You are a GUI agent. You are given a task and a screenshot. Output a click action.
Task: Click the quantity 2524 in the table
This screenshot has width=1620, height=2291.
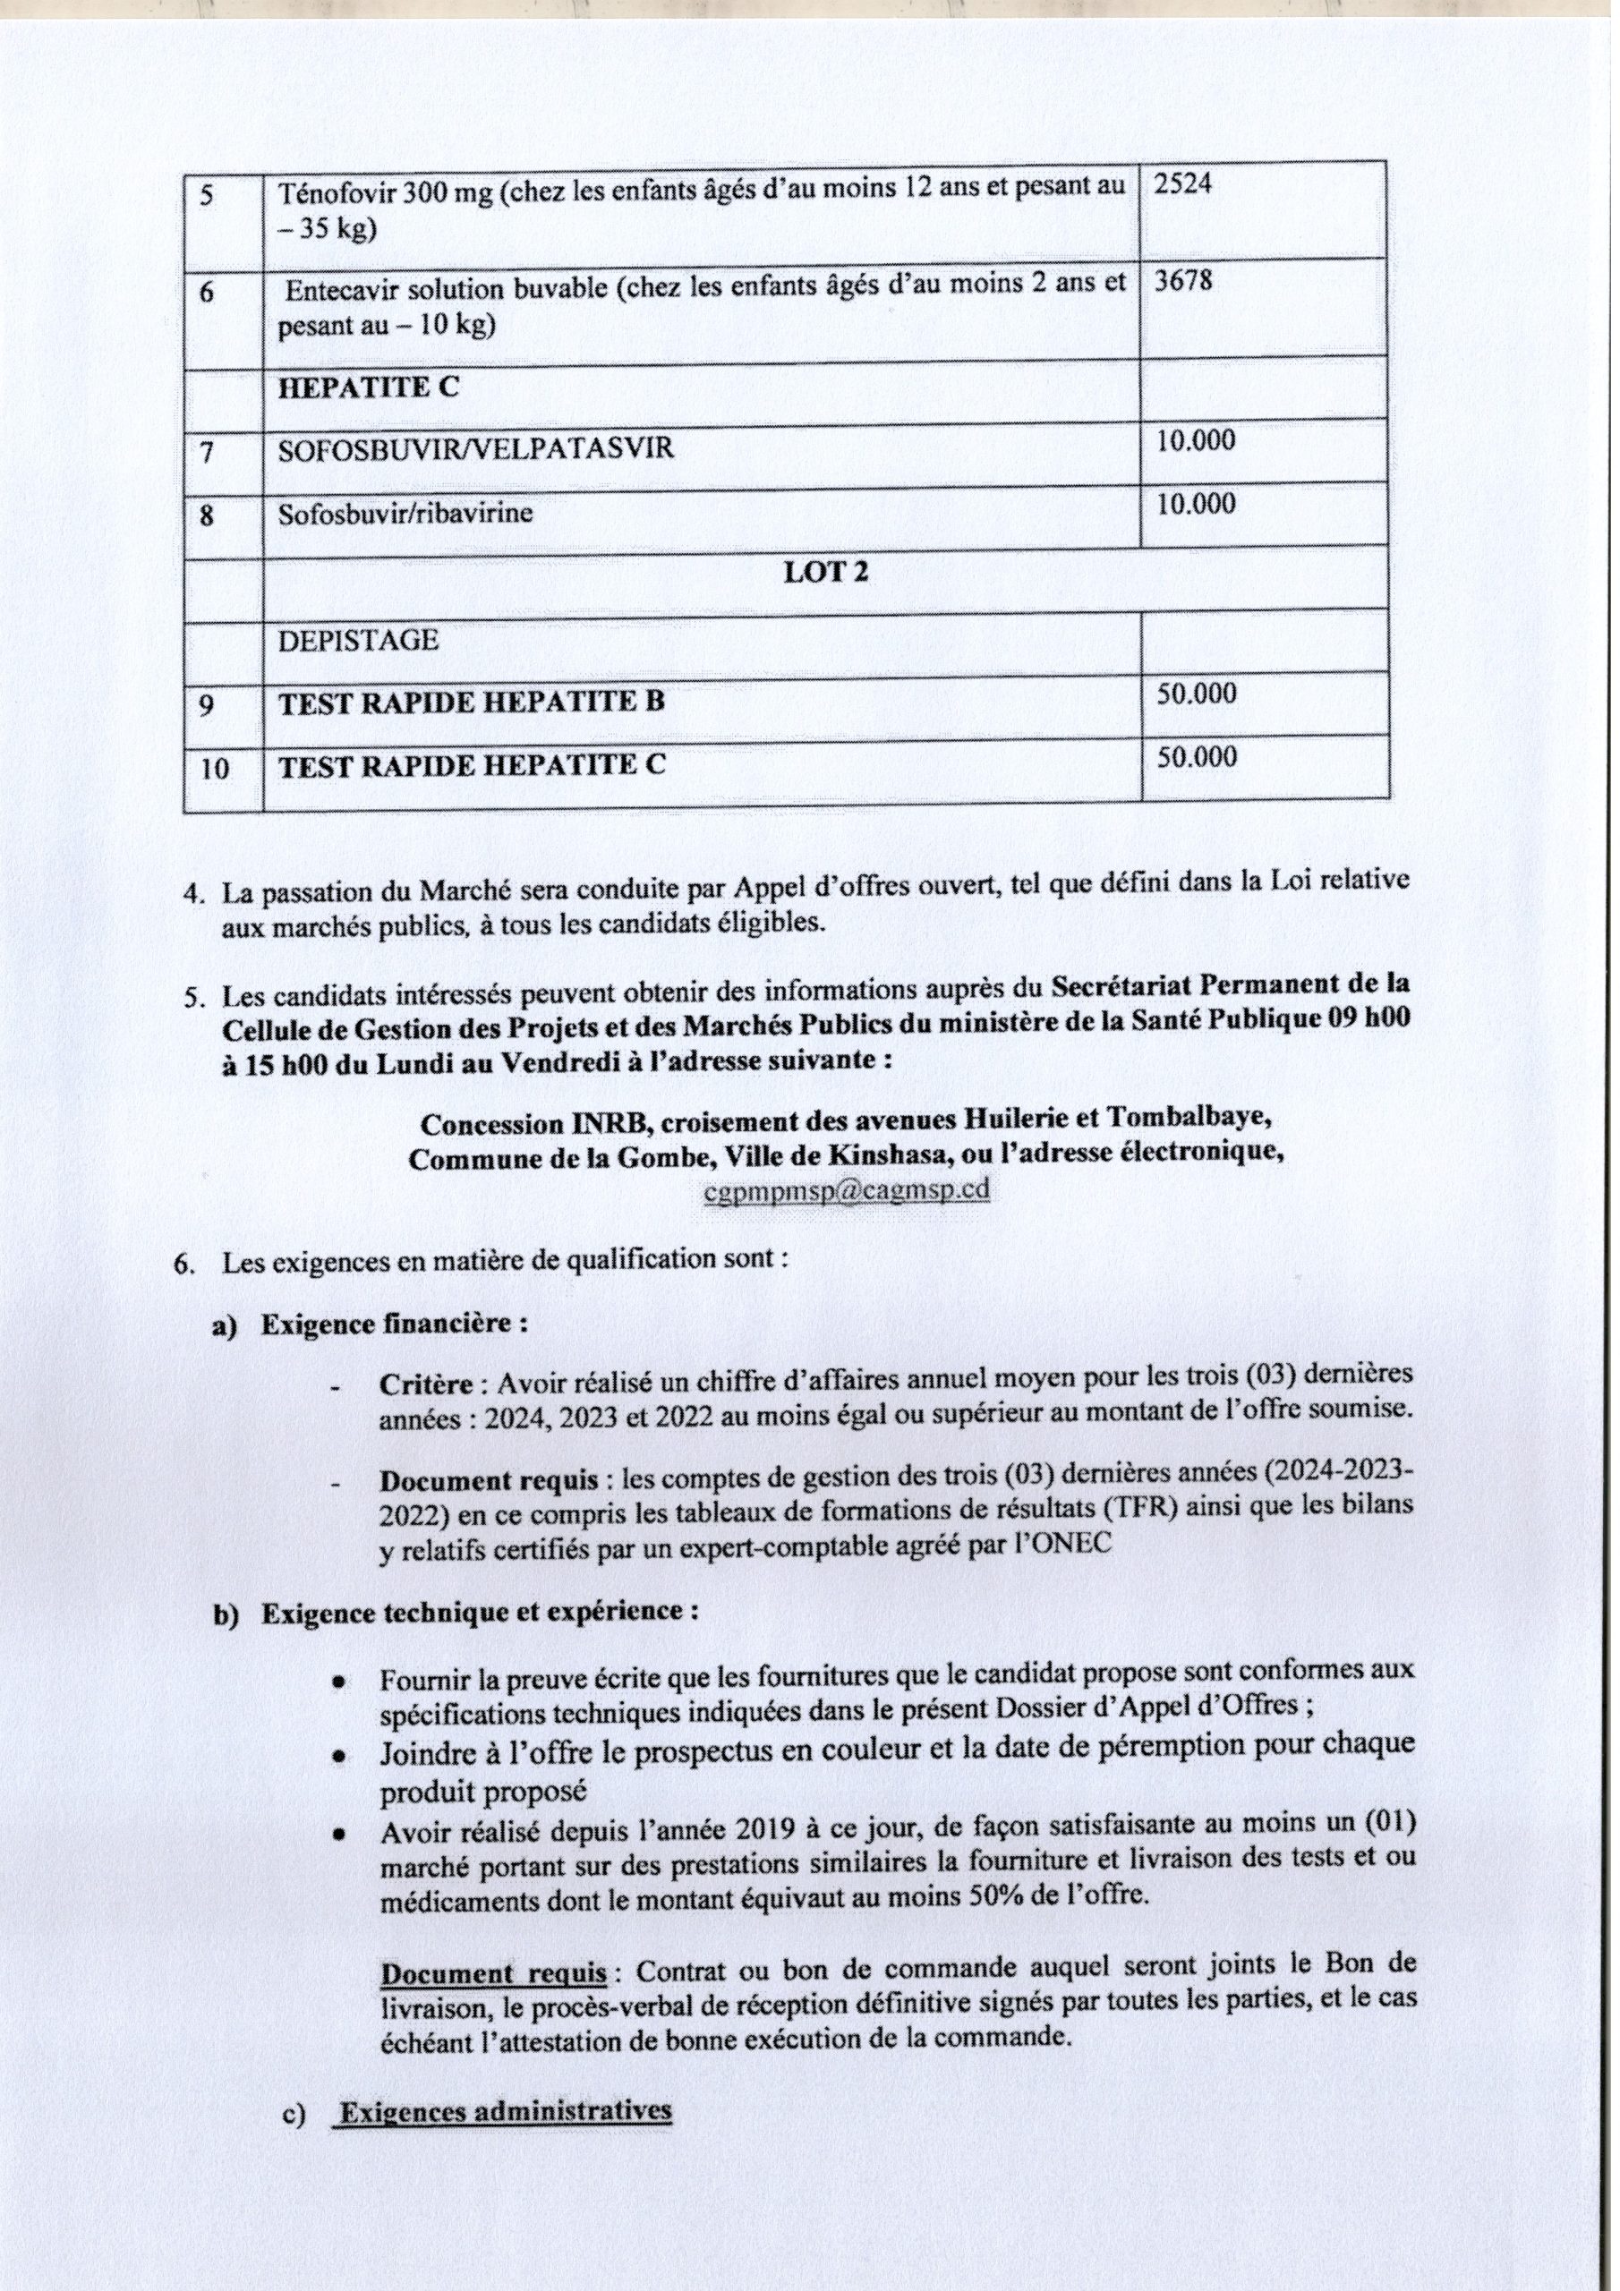[x=1184, y=184]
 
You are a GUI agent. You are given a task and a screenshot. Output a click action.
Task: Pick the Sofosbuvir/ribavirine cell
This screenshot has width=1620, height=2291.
[x=405, y=514]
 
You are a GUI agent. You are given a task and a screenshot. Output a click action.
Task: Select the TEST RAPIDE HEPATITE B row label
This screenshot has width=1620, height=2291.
[x=471, y=703]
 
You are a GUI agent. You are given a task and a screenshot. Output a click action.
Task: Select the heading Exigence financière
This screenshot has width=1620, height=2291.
[x=395, y=1324]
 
